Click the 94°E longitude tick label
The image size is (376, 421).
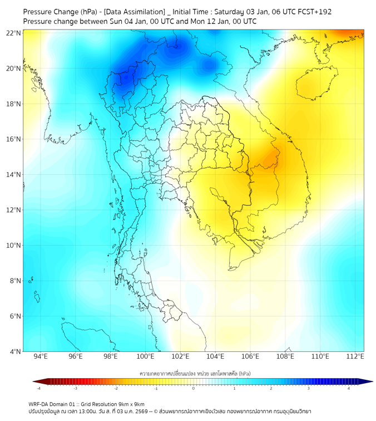point(41,356)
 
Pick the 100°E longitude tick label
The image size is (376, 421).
point(145,356)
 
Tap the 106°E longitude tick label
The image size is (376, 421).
point(250,356)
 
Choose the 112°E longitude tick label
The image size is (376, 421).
point(355,356)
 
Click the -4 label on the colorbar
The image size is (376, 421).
point(38,389)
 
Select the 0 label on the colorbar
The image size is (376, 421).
point(194,389)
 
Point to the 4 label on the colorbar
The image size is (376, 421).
point(349,389)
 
